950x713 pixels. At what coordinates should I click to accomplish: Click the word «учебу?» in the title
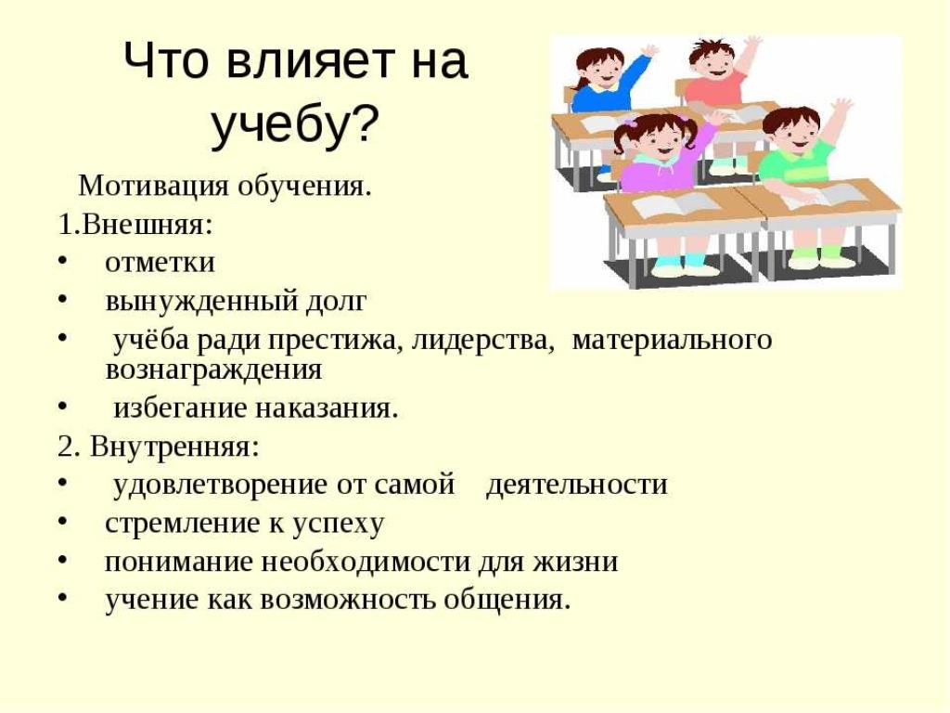(x=295, y=126)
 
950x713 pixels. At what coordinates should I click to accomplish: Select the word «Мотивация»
(x=154, y=186)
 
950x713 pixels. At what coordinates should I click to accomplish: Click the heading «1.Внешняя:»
(x=135, y=225)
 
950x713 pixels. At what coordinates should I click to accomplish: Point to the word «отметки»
(x=160, y=263)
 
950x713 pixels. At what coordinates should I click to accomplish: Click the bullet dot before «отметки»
(x=62, y=260)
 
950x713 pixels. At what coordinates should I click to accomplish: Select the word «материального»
(x=672, y=340)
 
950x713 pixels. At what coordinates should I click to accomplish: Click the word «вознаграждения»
(x=213, y=369)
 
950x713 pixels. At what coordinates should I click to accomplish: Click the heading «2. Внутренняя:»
(x=159, y=447)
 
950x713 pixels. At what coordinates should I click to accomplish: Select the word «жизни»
(x=575, y=562)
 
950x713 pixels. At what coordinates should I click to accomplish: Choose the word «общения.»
(x=507, y=601)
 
